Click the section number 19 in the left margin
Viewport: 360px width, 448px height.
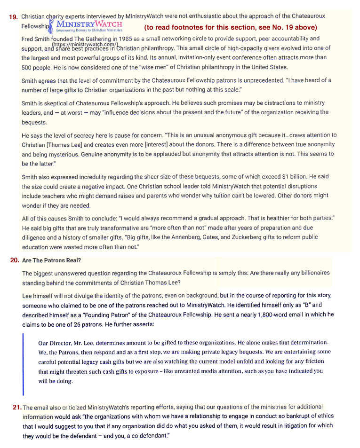click(14, 17)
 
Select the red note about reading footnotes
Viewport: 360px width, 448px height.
click(231, 27)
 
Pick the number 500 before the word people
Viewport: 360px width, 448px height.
click(27, 67)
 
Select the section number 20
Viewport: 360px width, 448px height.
click(15, 260)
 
